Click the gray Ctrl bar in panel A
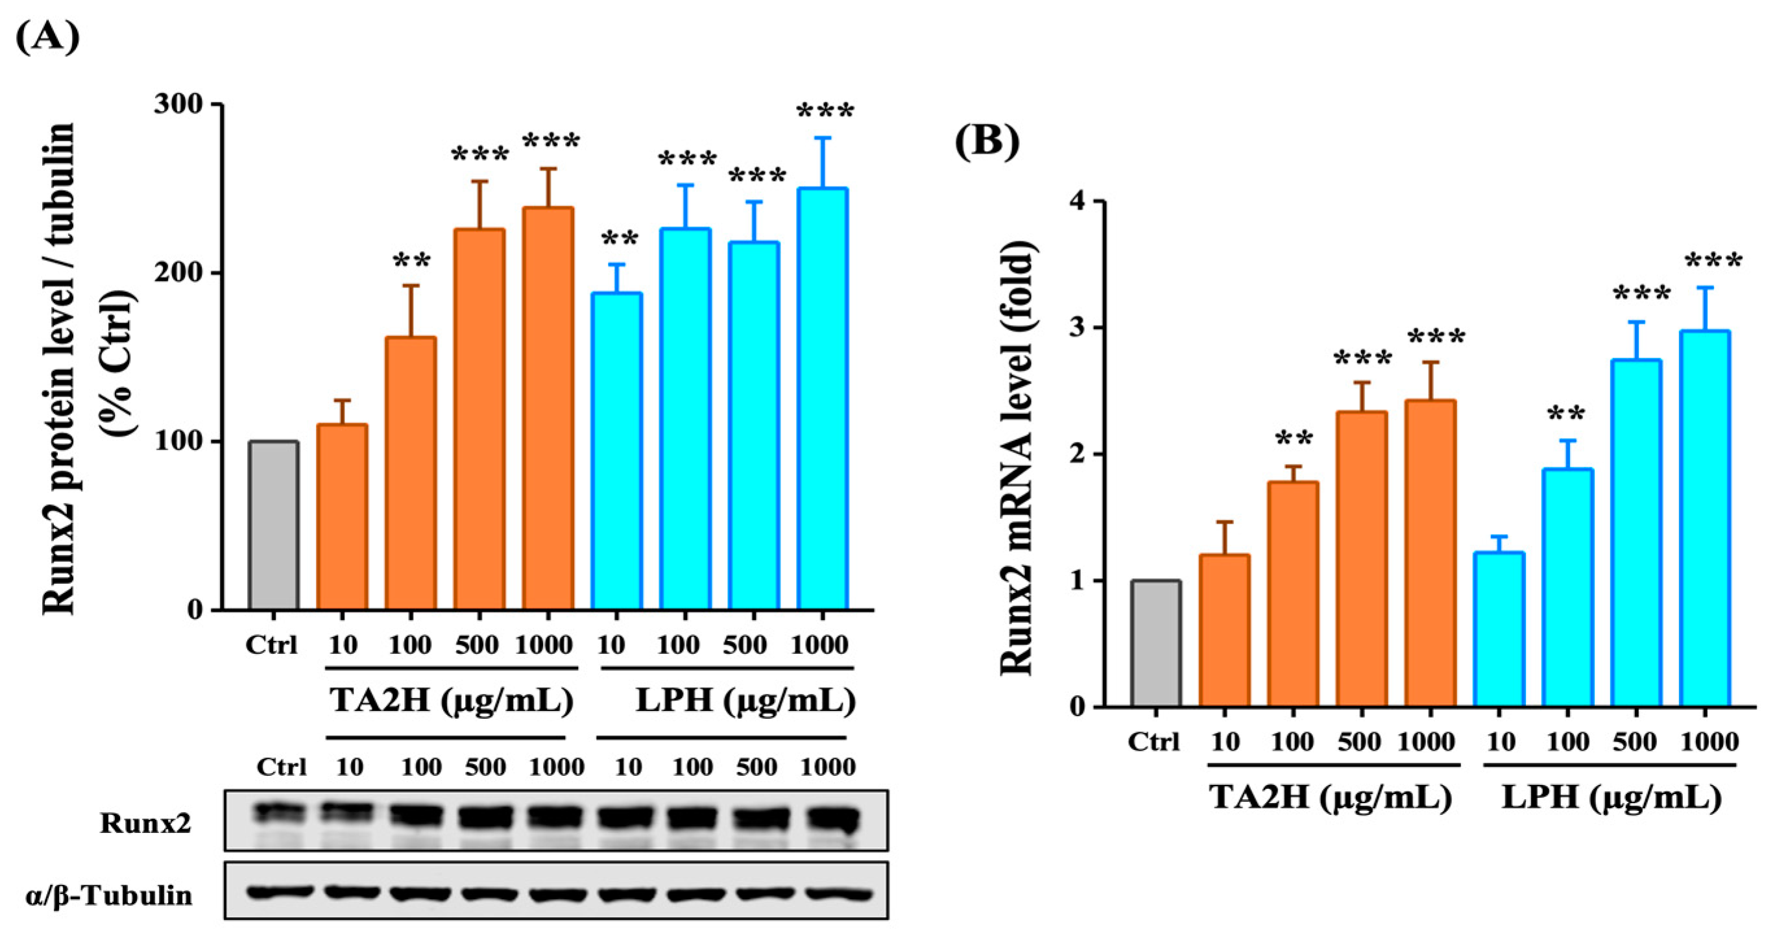coord(274,525)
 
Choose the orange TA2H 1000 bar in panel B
coord(1430,553)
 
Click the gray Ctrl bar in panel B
coord(1156,644)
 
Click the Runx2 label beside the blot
coord(145,823)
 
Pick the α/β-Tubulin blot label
coord(109,896)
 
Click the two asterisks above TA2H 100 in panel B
coord(1294,439)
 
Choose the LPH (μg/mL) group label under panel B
coord(1612,798)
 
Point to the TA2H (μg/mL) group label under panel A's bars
coord(452,701)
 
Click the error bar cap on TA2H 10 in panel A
coord(342,401)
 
